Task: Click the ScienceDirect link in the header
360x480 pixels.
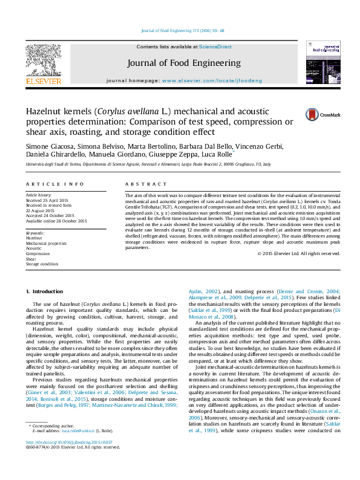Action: [215, 47]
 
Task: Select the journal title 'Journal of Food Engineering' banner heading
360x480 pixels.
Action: [184, 63]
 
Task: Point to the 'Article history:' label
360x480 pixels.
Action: [39, 196]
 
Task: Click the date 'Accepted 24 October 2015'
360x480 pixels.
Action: [50, 215]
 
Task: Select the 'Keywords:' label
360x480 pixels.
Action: [35, 233]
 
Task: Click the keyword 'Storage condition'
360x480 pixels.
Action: [42, 264]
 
